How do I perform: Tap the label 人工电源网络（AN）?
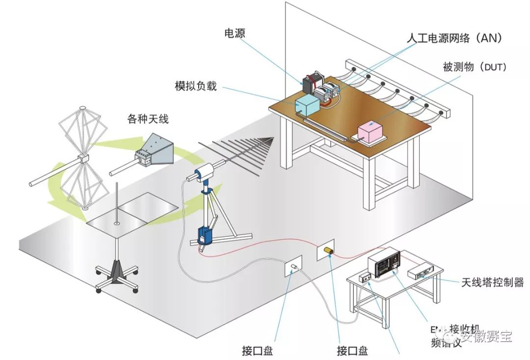(x=454, y=38)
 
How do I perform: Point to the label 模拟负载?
(x=195, y=85)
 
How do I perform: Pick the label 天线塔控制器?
(x=492, y=282)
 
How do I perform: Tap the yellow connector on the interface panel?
(x=327, y=252)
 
